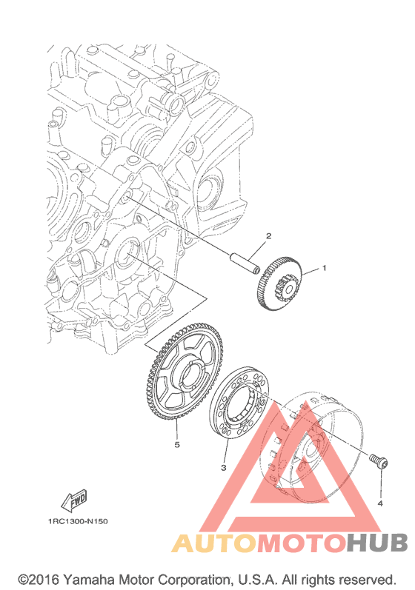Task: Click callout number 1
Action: [324, 268]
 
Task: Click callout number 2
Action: [268, 236]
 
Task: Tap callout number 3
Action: [223, 468]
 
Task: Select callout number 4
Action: [380, 503]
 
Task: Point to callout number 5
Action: [177, 445]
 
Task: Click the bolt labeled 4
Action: [379, 461]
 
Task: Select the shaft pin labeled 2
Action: [245, 262]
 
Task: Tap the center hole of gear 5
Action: [193, 377]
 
